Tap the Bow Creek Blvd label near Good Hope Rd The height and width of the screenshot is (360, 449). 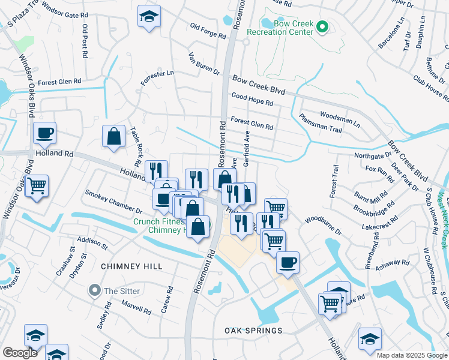coord(258,85)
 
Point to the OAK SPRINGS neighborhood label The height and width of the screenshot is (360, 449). coord(253,331)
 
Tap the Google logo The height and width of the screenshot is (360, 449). coord(20,353)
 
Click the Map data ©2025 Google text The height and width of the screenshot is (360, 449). coord(412,355)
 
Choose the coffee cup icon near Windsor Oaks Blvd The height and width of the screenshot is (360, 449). coord(44,133)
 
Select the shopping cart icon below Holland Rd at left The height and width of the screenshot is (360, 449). coord(37,186)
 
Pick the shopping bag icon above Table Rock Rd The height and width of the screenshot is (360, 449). coord(113,136)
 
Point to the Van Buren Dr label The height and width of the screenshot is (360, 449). coord(204,63)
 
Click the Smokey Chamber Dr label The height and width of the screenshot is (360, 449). coord(113,202)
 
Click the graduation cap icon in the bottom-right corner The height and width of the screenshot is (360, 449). coord(370,338)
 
